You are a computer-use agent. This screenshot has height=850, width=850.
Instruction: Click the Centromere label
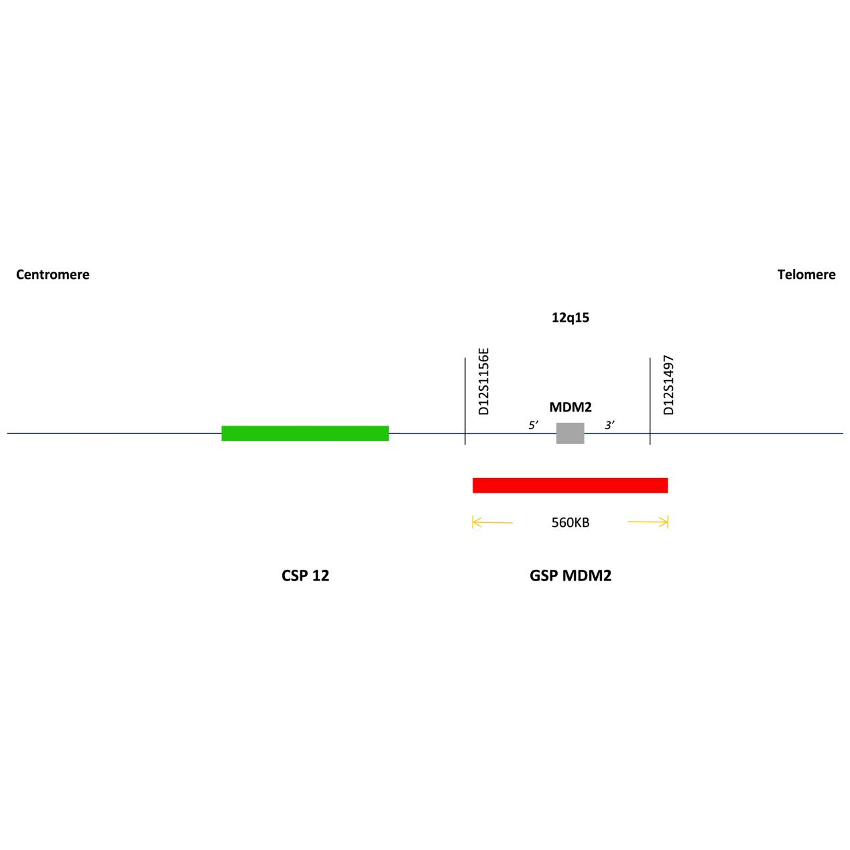pos(52,274)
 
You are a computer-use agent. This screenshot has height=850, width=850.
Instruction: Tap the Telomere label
pos(806,274)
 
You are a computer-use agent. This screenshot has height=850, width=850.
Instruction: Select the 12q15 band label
pos(570,318)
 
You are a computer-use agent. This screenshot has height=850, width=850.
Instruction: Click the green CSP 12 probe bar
pos(305,433)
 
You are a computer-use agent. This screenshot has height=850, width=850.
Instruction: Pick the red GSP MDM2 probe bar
pos(570,485)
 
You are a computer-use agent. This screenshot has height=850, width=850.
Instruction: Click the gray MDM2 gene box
pos(570,433)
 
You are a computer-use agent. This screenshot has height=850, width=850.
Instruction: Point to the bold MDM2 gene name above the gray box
pos(570,407)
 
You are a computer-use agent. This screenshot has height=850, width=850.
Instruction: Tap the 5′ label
pos(534,425)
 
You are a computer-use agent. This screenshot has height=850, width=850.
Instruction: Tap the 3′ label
pos(609,425)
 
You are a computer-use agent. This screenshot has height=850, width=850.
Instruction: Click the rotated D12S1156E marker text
pos(484,381)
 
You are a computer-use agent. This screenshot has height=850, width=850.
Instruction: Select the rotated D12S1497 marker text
pos(668,385)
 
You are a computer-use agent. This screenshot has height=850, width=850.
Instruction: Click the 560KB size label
pos(570,522)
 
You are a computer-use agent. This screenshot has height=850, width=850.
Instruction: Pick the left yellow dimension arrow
pos(492,522)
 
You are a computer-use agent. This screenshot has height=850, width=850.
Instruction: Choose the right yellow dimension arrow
pos(648,522)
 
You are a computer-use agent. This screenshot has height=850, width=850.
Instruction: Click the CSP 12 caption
pos(305,575)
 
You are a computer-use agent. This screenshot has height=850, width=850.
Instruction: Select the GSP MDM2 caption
pos(570,575)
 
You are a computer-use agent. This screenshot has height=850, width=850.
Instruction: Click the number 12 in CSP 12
pos(320,575)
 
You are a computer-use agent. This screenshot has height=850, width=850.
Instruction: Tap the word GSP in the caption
pos(544,575)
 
